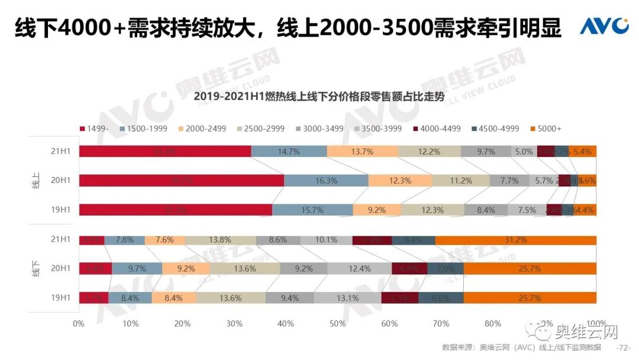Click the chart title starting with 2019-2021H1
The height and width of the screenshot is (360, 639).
pyautogui.click(x=319, y=96)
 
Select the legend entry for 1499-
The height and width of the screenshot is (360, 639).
pyautogui.click(x=95, y=128)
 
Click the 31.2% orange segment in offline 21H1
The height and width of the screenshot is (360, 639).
pyautogui.click(x=516, y=240)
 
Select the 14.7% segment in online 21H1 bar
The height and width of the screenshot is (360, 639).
pyautogui.click(x=289, y=152)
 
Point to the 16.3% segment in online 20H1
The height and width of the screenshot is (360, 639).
pyautogui.click(x=326, y=181)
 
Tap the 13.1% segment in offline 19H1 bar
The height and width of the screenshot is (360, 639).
pyautogui.click(x=347, y=298)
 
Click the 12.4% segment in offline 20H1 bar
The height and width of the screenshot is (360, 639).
pyautogui.click(x=360, y=269)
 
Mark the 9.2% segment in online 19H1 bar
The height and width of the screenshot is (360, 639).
pyautogui.click(x=377, y=210)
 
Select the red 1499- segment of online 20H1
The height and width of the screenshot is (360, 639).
pyautogui.click(x=181, y=181)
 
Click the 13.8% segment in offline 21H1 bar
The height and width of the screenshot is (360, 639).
pyautogui.click(x=220, y=240)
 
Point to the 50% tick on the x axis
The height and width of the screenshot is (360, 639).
pyautogui.click(x=337, y=324)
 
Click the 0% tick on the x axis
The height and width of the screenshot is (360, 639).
pyautogui.click(x=79, y=324)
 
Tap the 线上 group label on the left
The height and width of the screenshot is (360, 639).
pyautogui.click(x=35, y=181)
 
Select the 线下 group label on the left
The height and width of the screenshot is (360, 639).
pyautogui.click(x=35, y=269)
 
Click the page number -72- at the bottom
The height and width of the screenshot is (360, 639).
pyautogui.click(x=623, y=347)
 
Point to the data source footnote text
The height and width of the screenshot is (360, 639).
pyautogui.click(x=521, y=347)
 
